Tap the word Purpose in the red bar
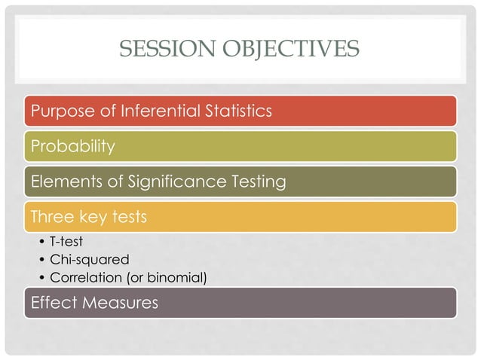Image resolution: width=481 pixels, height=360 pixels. [61, 111]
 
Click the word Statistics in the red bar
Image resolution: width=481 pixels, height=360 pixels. [237, 111]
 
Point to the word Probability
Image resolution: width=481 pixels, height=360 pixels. [72, 146]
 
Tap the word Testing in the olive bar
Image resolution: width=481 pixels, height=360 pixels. [258, 182]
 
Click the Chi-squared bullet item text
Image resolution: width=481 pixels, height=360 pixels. [84, 261]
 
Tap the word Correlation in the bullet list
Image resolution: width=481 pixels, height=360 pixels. [85, 278]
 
